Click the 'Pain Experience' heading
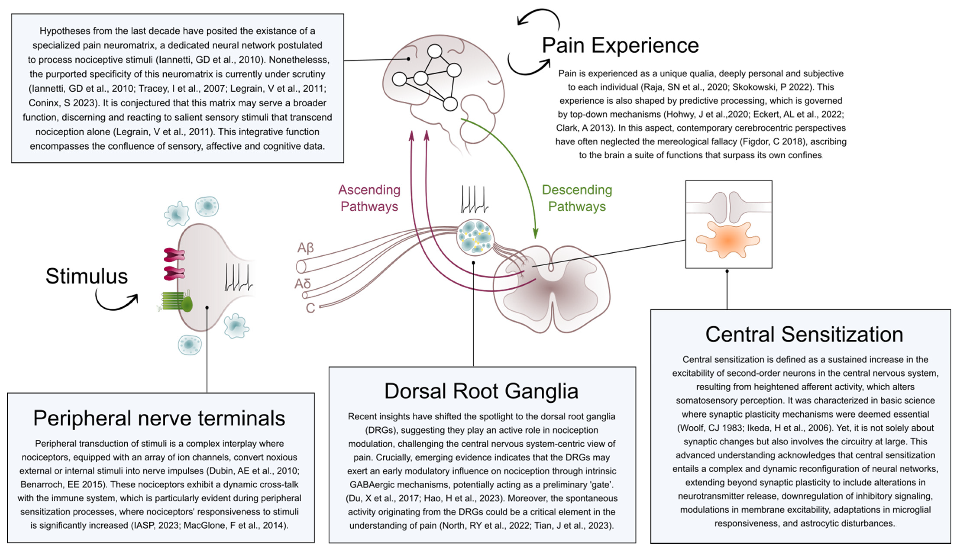click(x=620, y=45)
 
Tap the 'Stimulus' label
click(x=87, y=276)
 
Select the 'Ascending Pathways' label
click(x=369, y=198)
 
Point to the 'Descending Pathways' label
click(x=577, y=198)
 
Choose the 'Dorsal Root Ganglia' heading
click(x=481, y=391)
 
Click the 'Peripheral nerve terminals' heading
click(x=159, y=418)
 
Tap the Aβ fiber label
click(x=305, y=248)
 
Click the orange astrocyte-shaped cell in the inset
click(x=728, y=240)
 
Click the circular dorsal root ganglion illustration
click(x=475, y=238)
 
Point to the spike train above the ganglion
click(x=474, y=199)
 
